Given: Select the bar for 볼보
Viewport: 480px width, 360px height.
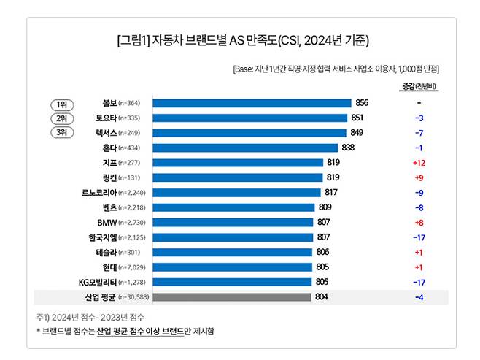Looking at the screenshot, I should (x=252, y=103).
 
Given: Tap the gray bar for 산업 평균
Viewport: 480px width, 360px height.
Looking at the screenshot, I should (x=232, y=297).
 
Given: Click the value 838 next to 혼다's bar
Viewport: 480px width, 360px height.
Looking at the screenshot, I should (x=349, y=148).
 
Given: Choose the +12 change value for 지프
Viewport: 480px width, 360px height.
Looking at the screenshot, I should (x=419, y=163).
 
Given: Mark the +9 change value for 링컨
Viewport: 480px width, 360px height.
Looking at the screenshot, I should (x=419, y=177).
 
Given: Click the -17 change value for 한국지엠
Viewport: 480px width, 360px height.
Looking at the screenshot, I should (x=419, y=237).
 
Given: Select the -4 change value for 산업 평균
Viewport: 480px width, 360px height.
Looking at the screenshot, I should (x=419, y=297).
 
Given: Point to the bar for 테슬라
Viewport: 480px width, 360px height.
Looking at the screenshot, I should (x=232, y=253).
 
